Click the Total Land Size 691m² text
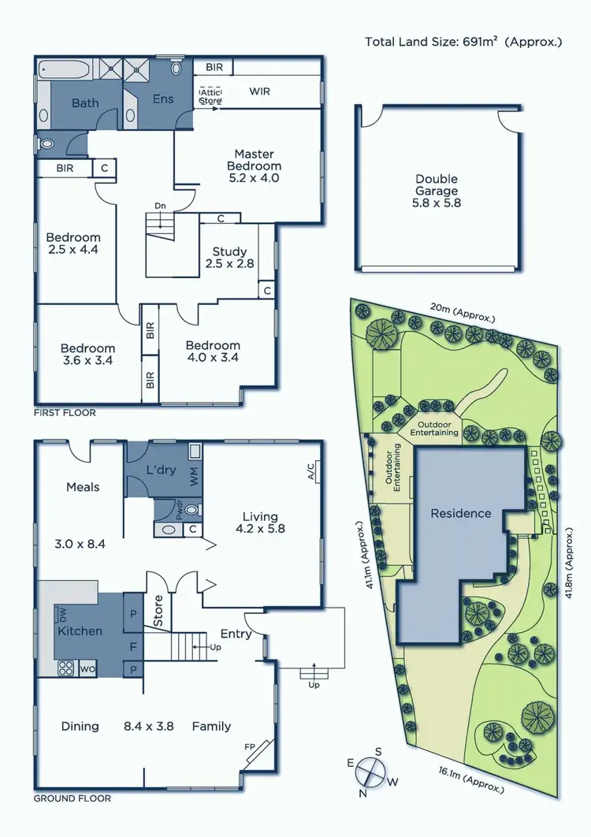pos(463,42)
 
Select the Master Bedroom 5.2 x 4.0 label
pos(254,160)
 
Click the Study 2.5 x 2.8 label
pos(229,258)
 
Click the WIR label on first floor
pos(259,91)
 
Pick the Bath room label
pos(85,103)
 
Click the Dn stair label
pos(160,206)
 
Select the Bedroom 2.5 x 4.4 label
pos(73,244)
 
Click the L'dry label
pos(160,471)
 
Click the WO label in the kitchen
pos(86,669)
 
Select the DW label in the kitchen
pos(61,613)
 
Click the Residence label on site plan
pos(460,514)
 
